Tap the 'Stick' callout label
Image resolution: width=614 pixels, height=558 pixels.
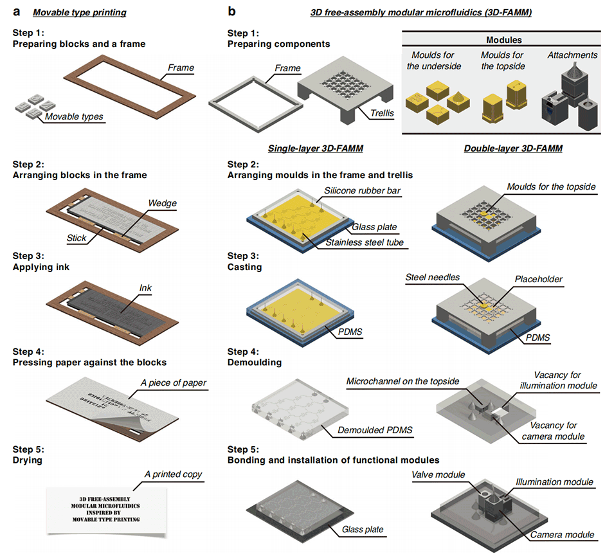(x=77, y=237)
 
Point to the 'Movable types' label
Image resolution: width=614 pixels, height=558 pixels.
(x=74, y=117)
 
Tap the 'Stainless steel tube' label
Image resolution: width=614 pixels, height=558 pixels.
(x=365, y=242)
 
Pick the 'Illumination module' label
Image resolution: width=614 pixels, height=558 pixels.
(x=554, y=482)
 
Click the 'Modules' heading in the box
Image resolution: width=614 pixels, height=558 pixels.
(x=503, y=40)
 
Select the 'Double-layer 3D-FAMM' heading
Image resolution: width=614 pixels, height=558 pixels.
(x=512, y=148)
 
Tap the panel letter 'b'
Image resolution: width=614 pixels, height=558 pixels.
(x=232, y=11)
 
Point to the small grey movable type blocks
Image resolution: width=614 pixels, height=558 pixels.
(x=32, y=105)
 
